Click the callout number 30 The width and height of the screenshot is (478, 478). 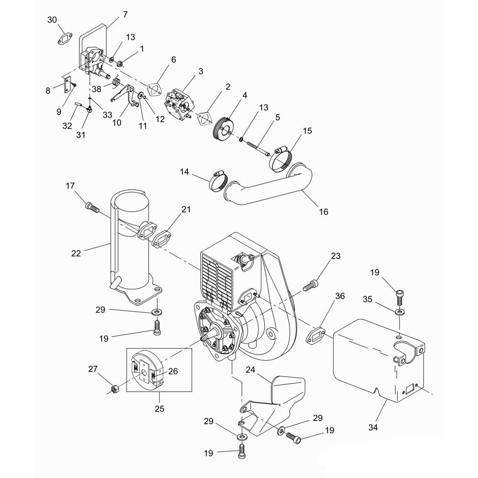(52, 19)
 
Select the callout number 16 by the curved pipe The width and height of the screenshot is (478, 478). (324, 211)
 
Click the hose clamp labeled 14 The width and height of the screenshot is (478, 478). (218, 180)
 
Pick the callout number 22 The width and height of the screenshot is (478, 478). (76, 253)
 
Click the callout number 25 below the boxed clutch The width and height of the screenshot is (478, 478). (159, 409)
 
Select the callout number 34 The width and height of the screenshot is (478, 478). (373, 427)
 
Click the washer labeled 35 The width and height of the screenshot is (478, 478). (399, 312)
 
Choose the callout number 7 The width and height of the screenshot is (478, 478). (125, 14)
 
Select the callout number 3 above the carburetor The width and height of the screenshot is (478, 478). (201, 71)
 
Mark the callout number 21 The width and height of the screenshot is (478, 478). (186, 209)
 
